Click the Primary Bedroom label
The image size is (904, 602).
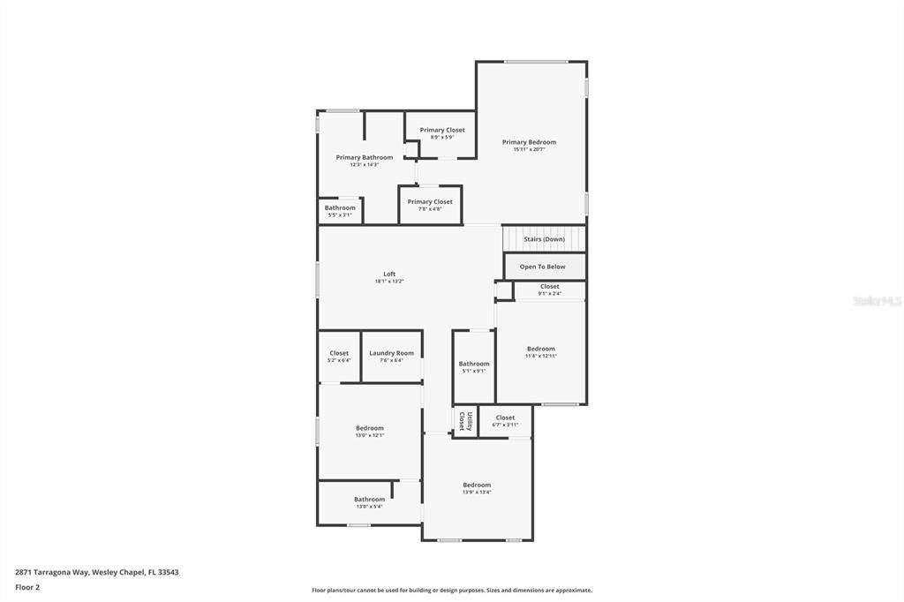[529, 142]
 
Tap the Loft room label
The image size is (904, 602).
[389, 274]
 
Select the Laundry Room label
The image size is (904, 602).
[391, 353]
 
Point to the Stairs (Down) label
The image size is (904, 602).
[544, 239]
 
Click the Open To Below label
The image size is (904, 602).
[542, 267]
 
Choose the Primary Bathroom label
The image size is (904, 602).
[364, 157]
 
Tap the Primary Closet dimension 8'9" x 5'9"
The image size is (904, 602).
[441, 137]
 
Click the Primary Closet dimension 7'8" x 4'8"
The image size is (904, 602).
[430, 209]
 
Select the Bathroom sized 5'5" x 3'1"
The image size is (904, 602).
[340, 214]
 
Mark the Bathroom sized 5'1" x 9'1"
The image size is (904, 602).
[473, 371]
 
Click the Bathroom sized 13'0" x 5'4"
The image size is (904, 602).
[369, 507]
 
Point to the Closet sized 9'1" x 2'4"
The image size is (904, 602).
[549, 293]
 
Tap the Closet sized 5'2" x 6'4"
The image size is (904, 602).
[339, 360]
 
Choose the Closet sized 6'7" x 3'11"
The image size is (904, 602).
[505, 425]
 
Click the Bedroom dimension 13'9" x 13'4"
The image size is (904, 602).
[477, 492]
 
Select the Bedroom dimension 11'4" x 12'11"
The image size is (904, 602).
[541, 356]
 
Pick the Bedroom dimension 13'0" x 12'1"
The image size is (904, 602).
[369, 435]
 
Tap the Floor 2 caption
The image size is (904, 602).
[27, 587]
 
